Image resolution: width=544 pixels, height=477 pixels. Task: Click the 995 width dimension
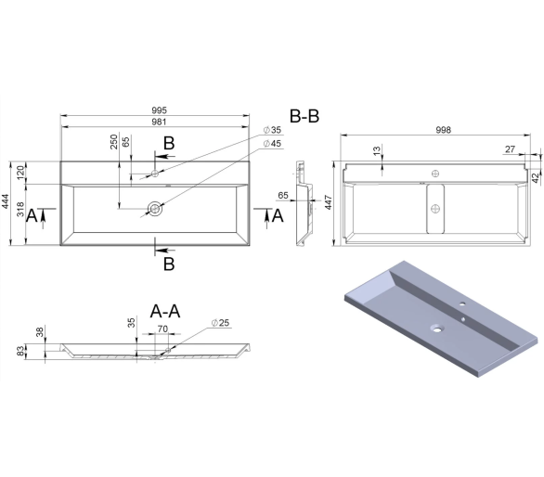tap(160, 110)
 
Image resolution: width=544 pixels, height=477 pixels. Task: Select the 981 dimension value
tap(160, 122)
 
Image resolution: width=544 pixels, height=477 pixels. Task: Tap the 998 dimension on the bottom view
tap(444, 130)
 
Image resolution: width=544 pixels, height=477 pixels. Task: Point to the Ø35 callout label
tap(272, 130)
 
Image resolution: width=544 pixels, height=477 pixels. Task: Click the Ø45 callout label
tap(272, 144)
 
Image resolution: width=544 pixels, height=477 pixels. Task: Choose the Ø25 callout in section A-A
tap(220, 323)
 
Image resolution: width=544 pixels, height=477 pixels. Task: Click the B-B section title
tap(304, 116)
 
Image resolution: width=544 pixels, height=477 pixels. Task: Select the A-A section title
tap(165, 311)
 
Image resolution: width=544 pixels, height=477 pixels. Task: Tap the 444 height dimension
tap(6, 203)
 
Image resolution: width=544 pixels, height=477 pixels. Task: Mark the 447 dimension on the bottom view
tap(329, 203)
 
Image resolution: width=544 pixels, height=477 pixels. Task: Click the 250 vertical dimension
tap(114, 142)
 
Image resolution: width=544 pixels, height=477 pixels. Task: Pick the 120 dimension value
tap(20, 173)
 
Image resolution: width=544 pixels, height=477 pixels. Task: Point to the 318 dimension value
tap(20, 209)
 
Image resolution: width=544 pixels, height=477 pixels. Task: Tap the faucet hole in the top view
tap(155, 174)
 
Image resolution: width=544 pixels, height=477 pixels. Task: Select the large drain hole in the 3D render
tap(436, 328)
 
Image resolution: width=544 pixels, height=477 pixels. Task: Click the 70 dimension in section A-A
tap(162, 329)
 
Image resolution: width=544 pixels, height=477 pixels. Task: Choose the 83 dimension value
tap(20, 351)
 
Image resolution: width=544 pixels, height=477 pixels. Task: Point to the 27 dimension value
tap(510, 149)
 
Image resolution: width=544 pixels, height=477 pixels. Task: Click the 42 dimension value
tap(536, 177)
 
